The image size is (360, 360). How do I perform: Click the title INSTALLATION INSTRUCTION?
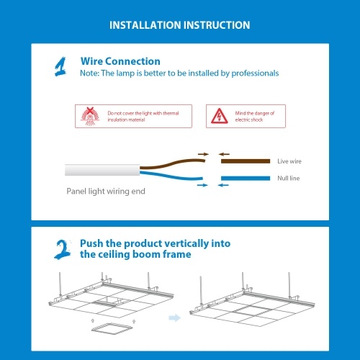180,25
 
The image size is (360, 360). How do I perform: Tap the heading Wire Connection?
120,61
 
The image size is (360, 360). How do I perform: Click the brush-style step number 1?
60,67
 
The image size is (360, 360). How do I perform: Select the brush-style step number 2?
63,249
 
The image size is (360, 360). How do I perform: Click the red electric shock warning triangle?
220,116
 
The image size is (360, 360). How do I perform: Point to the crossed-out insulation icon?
89,116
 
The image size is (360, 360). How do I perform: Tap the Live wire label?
289,161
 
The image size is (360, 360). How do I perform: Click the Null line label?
289,178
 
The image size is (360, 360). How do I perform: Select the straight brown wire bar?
246,161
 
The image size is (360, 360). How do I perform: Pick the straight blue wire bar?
246,178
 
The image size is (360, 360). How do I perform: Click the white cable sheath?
102,170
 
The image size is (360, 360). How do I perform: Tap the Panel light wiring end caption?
106,192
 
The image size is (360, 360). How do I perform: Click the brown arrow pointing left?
224,154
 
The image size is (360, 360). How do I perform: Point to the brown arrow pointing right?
203,154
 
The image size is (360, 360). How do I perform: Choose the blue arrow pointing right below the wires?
202,185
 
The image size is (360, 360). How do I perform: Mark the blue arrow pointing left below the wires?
223,185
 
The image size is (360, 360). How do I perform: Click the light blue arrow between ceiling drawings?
174,318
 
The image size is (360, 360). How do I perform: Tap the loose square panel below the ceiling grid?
112,328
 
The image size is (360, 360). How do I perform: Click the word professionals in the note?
255,73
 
